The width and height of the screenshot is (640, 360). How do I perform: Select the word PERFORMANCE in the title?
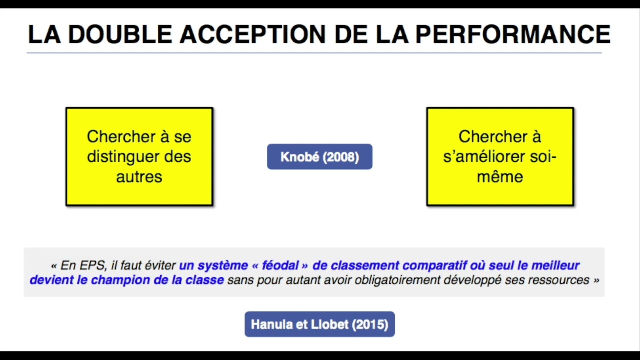[513, 35]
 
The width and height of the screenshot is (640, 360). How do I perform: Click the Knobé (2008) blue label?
[320, 157]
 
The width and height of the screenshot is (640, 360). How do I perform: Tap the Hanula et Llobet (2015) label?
[320, 324]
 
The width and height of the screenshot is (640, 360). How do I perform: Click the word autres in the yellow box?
[139, 176]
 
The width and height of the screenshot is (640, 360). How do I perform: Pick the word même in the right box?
[500, 176]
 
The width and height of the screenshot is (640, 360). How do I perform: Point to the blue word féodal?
[280, 265]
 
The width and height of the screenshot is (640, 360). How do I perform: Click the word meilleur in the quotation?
[555, 265]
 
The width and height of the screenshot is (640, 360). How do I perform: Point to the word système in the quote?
[223, 265]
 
